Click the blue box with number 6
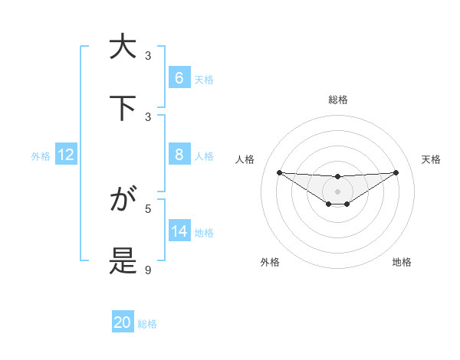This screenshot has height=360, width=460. pos(179,77)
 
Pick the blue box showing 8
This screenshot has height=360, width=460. pos(179,155)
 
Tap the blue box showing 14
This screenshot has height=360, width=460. pos(179,231)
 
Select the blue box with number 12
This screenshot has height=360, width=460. pos(66,155)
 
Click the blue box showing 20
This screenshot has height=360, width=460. pos(123,322)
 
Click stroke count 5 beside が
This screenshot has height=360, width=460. pos(148,208)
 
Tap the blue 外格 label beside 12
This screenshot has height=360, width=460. pos(41,156)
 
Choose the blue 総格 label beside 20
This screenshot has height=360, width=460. pos(147,324)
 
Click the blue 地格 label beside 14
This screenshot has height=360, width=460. pos(204,233)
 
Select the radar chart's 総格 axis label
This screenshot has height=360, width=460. pos(337,100)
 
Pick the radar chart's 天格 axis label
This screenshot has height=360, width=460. pos(432,159)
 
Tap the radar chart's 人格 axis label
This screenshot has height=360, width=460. pos(245,159)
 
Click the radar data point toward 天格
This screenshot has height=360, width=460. pos(396,172)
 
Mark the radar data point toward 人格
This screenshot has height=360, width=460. pos(279,172)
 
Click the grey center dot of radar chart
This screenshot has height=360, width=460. pos(337,191)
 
